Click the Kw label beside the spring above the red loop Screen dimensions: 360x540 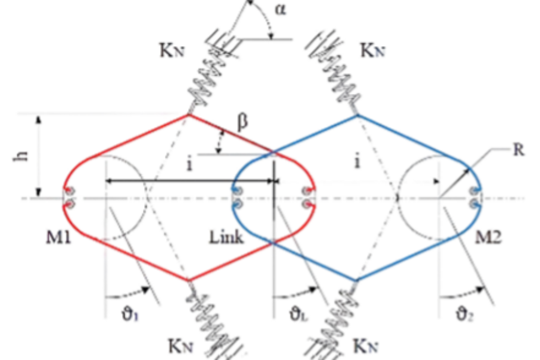(172, 51)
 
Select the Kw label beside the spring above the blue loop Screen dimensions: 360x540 (373, 51)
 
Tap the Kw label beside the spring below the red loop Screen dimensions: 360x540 (182, 346)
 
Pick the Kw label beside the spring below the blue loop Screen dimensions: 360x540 (366, 346)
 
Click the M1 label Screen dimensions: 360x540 (59, 236)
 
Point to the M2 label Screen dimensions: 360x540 (225, 236)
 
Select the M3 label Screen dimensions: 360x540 (488, 236)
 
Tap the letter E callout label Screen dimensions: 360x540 (518, 149)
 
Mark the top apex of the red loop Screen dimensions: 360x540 (188, 114)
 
